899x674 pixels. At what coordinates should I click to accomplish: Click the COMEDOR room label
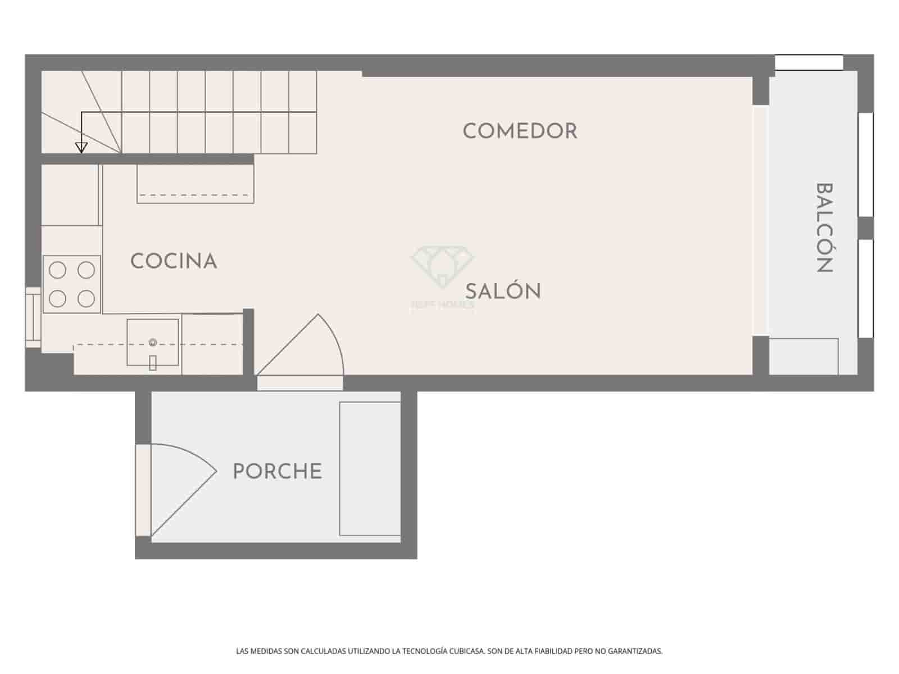520,131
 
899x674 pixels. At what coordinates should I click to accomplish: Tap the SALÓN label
503,292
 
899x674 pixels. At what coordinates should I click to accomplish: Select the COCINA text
173,261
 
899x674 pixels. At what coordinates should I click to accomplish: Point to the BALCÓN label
824,227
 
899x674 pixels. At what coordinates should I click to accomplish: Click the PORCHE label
277,471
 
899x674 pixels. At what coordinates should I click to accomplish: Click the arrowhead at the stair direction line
81,148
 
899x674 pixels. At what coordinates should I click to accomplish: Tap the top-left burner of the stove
57,271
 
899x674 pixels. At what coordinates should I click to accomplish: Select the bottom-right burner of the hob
86,298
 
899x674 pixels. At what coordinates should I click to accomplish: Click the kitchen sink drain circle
152,342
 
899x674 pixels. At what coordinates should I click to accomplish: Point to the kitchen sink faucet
152,363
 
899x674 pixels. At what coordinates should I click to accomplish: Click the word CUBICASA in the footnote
467,652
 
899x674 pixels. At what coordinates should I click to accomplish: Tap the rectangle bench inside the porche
370,468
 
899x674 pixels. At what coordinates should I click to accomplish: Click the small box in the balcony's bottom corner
803,356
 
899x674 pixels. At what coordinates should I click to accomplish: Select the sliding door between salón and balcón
760,220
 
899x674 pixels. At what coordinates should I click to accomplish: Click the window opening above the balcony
809,62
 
